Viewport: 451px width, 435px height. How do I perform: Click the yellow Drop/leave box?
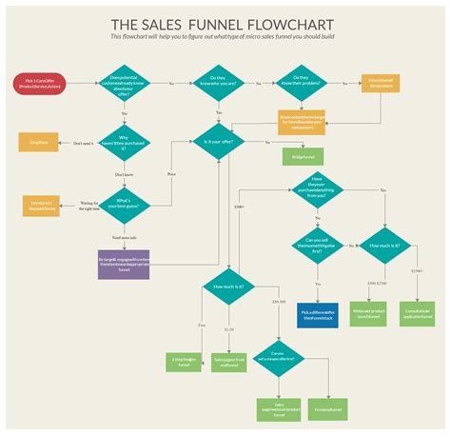click(37, 143)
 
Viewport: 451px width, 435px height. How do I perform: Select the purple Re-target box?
click(124, 264)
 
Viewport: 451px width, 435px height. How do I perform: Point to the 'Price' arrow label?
click(172, 175)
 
